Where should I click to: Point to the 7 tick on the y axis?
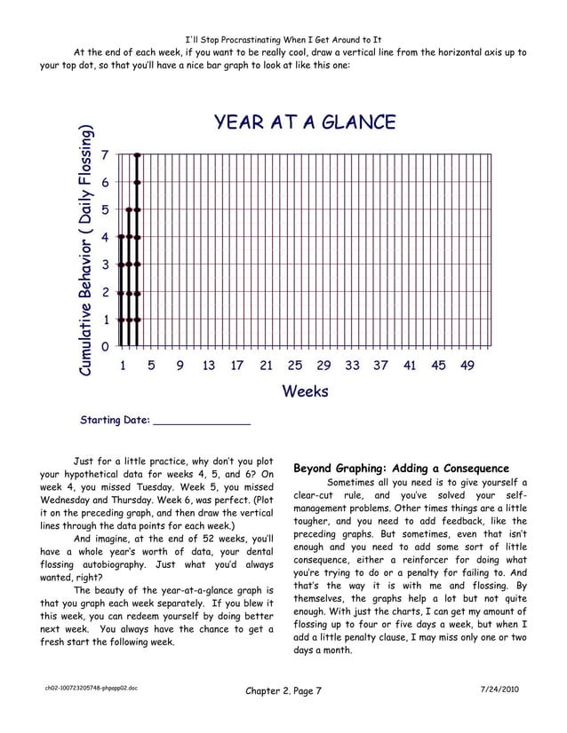click(x=106, y=155)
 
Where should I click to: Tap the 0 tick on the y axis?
click(x=106, y=347)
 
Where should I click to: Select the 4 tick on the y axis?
click(x=106, y=238)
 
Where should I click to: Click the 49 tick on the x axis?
click(x=467, y=365)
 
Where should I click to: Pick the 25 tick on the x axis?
click(x=295, y=365)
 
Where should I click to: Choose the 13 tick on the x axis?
click(x=209, y=365)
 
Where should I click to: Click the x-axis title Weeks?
click(x=305, y=391)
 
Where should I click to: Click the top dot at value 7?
click(x=137, y=155)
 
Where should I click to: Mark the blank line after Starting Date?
click(x=202, y=421)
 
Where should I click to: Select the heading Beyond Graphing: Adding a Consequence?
click(x=401, y=468)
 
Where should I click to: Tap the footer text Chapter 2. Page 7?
click(x=282, y=691)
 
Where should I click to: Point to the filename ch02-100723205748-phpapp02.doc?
click(x=86, y=688)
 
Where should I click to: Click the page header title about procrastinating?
click(x=283, y=39)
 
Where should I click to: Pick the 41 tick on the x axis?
click(x=410, y=365)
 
